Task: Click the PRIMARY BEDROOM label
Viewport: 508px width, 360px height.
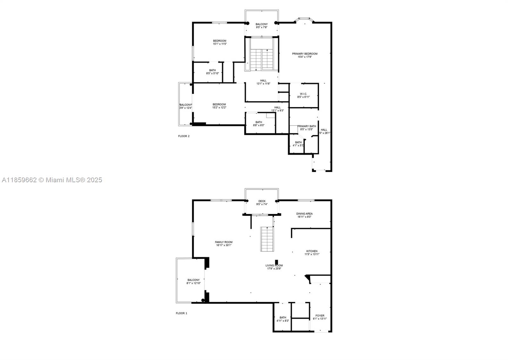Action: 304,54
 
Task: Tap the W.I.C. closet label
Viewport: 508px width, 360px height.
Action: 303,94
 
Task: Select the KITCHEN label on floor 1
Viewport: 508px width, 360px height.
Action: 312,251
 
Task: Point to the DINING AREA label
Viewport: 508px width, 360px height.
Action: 304,214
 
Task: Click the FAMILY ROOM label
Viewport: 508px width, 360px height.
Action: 224,242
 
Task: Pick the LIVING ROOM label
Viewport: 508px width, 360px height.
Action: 274,265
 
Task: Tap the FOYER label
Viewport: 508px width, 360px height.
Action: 320,316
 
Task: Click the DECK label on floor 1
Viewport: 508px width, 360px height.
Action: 262,201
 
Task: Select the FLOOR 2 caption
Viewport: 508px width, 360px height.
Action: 184,136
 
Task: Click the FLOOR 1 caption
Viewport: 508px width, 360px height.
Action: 182,313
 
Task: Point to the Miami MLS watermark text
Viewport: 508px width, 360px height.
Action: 52,180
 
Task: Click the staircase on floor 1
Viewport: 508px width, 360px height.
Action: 267,239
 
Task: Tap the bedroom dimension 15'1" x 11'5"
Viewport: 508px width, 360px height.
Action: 220,44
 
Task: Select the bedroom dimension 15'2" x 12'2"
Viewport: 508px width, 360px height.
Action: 219,108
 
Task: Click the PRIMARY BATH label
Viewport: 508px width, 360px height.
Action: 307,126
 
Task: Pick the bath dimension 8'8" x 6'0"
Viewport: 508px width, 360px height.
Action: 258,125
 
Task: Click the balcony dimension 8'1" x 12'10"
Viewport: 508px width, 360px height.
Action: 193,283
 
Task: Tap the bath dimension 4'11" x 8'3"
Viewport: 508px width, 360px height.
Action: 283,321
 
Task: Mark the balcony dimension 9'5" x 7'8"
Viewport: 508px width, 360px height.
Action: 262,27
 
